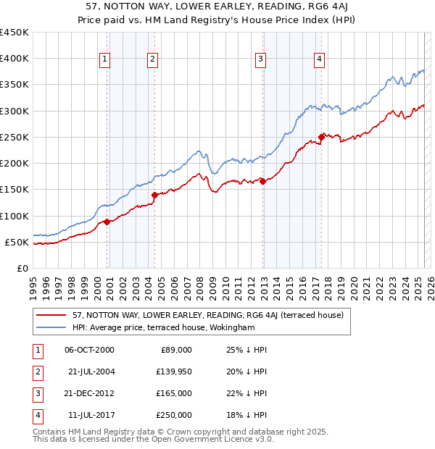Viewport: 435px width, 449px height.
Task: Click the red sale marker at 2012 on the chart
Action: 263,182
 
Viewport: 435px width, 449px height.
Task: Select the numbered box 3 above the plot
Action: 260,60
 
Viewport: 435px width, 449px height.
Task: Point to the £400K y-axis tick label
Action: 14,59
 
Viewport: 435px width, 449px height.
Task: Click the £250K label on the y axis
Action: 14,137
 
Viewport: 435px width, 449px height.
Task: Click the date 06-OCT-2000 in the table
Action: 90,350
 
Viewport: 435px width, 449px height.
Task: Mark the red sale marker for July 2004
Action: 154,195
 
